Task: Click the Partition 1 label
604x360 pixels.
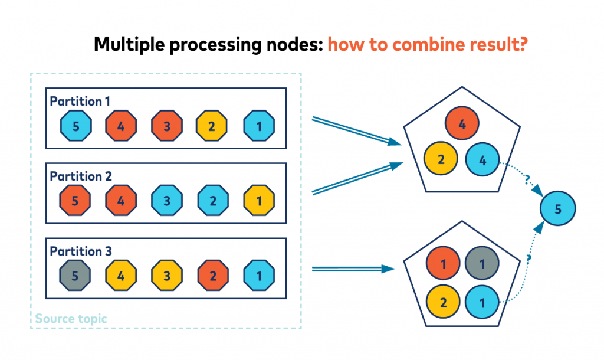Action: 80,102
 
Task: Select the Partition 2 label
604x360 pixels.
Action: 80,176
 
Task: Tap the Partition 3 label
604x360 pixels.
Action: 80,251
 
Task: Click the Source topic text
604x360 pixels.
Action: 71,319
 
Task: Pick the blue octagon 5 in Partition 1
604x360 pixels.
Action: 76,126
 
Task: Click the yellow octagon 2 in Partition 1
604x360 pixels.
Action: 212,126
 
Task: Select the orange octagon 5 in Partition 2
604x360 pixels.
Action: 76,201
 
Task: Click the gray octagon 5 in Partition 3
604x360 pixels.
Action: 76,276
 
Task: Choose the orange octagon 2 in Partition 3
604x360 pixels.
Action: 212,276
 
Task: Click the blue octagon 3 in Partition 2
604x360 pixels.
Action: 167,201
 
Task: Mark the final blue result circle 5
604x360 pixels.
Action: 558,208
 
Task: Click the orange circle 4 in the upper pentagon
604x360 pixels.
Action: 462,125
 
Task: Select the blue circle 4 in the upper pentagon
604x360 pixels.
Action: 482,160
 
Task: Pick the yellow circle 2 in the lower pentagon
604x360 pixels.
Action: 441,303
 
